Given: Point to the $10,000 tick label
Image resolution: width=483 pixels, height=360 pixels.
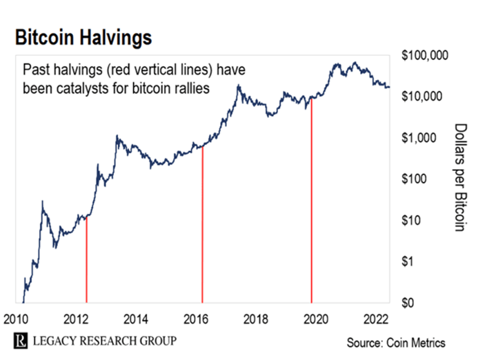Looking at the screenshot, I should pos(428,96).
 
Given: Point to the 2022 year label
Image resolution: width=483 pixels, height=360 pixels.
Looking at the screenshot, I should pos(375,319).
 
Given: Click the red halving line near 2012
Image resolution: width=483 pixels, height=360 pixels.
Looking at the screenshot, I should pos(86,262).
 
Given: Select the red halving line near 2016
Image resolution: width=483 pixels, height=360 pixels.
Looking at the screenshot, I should pos(202,228).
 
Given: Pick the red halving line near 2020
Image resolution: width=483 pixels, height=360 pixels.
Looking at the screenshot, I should pos(312,200).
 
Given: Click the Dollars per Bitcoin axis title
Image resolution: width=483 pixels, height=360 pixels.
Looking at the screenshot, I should pos(461,178).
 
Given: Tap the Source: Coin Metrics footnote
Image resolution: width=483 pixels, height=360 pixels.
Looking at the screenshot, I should pos(396,342).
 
